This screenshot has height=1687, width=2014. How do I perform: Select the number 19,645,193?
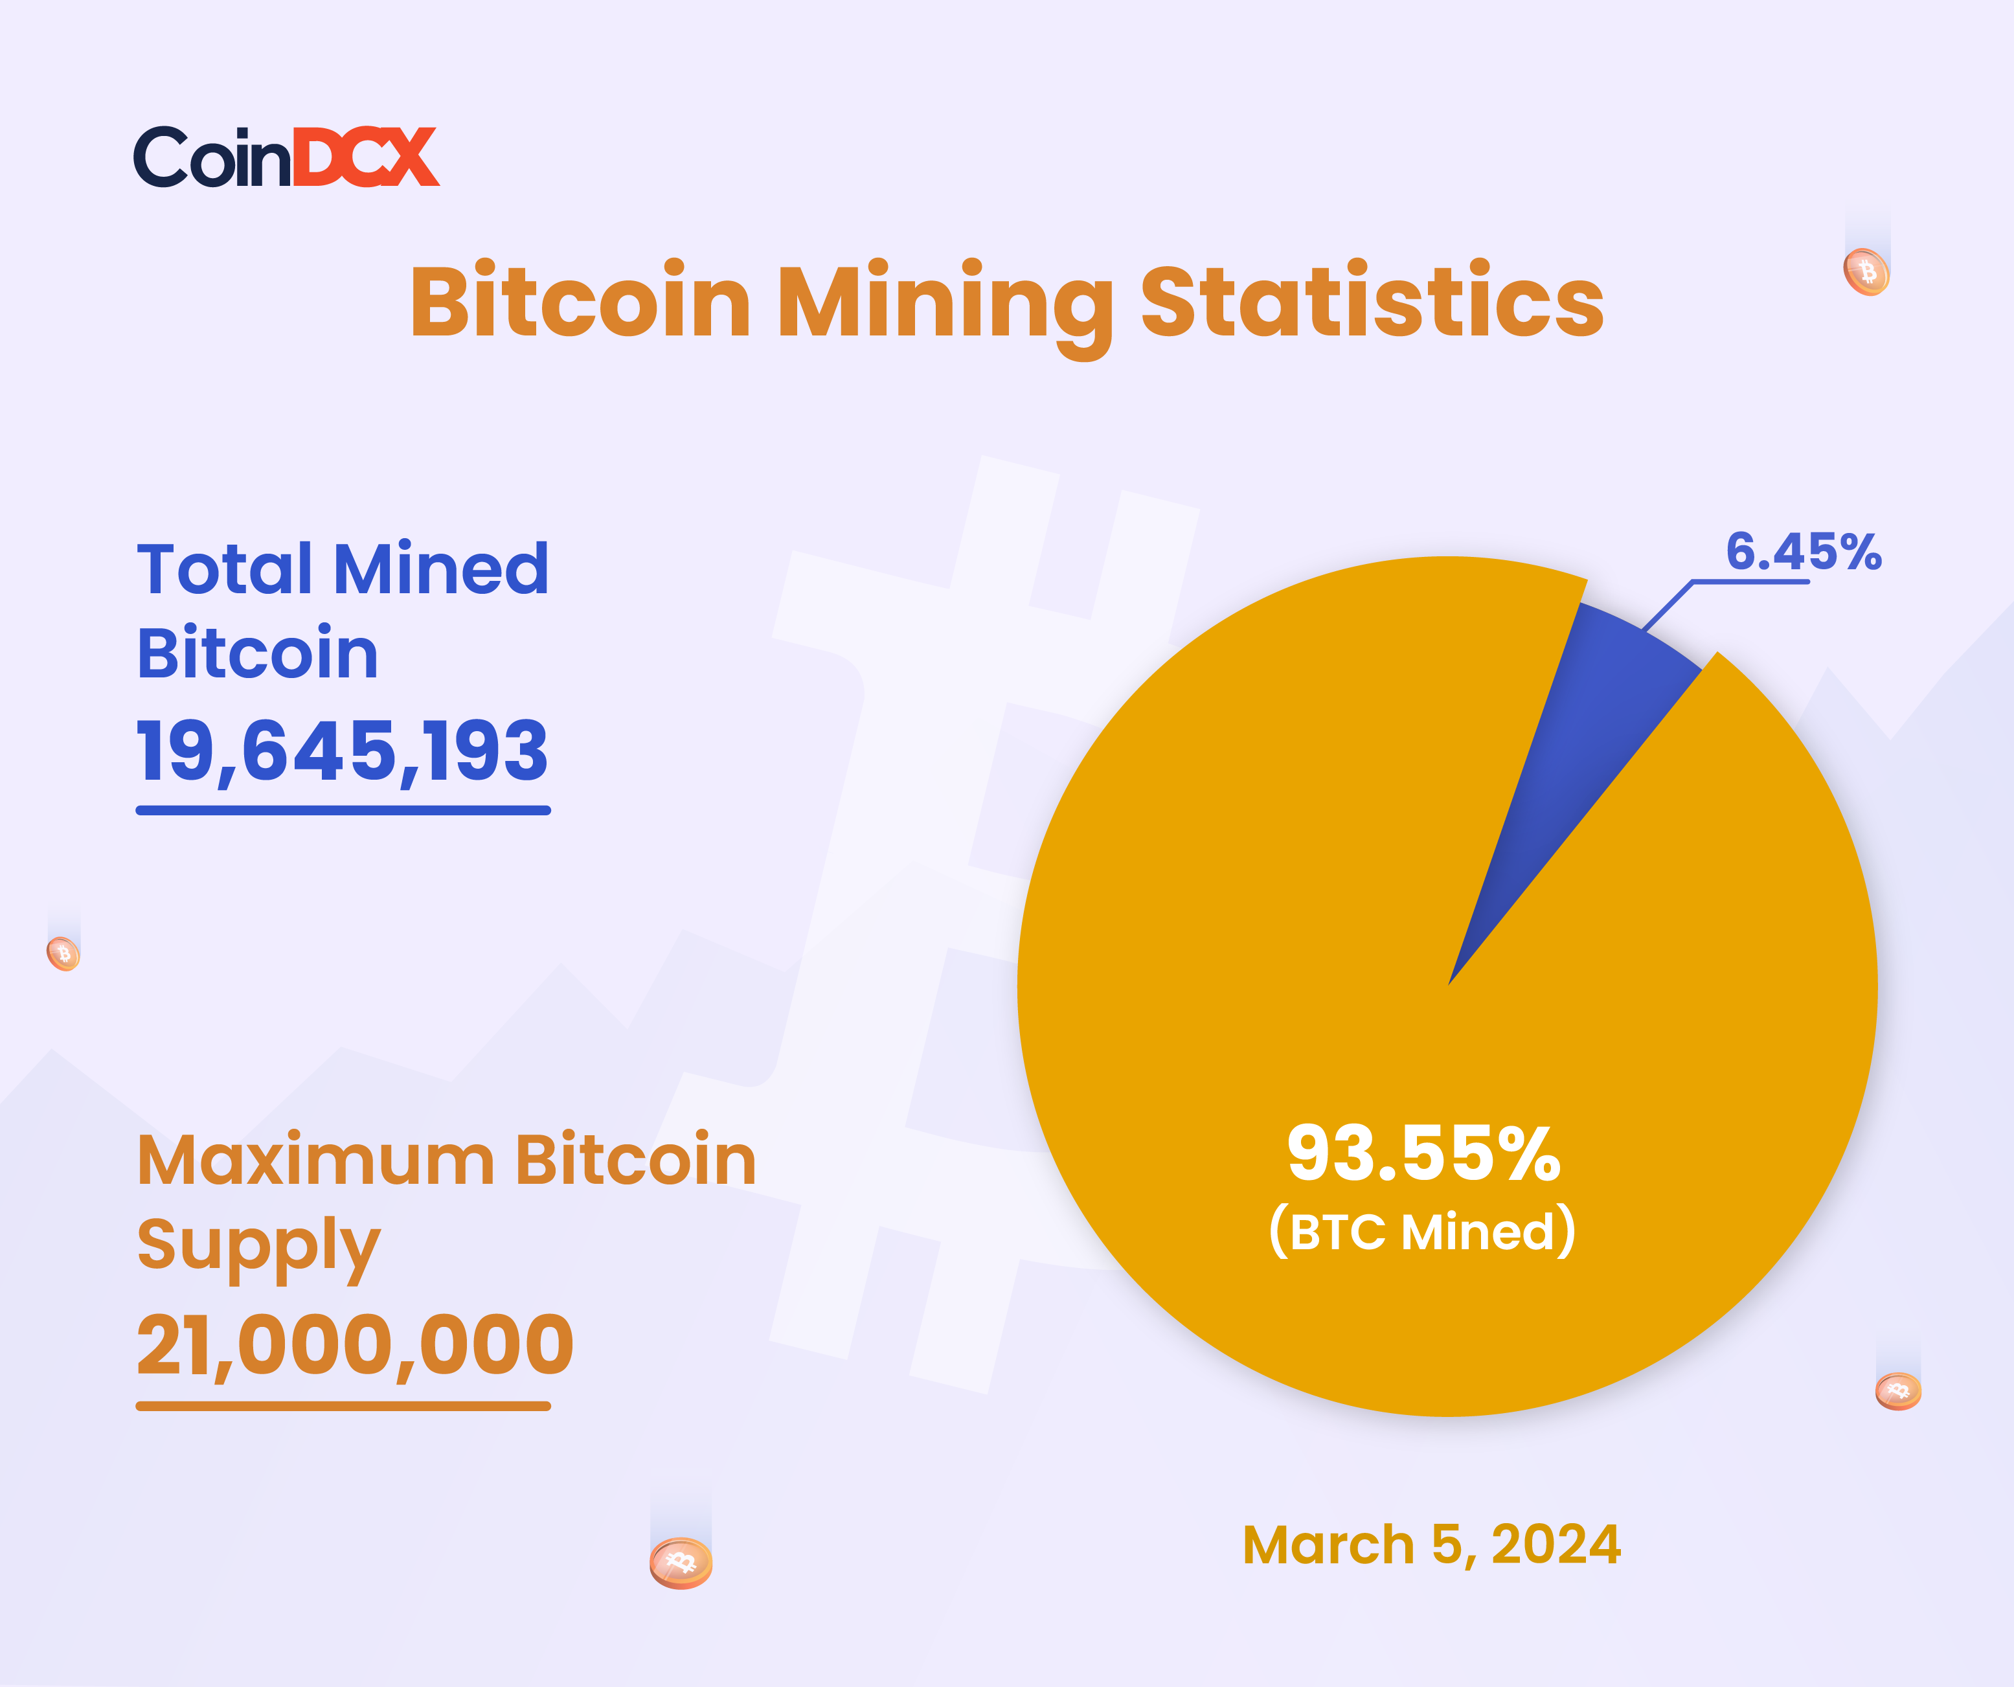click(x=343, y=751)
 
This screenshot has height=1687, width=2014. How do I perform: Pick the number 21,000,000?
click(x=355, y=1346)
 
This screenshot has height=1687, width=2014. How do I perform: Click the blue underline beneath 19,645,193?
click(x=343, y=810)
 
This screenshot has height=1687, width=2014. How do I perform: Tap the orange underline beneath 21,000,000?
click(x=343, y=1406)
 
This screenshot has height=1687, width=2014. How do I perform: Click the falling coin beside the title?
click(x=1866, y=273)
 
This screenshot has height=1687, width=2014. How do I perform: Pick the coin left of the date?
click(x=681, y=1563)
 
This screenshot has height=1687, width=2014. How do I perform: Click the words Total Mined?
click(x=343, y=568)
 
